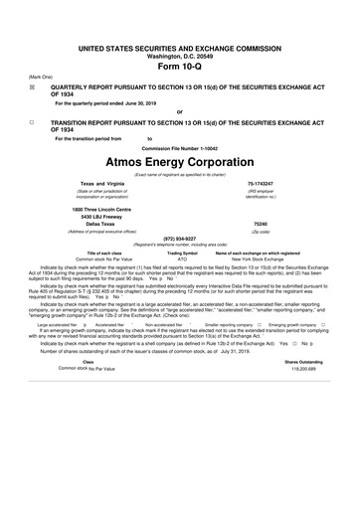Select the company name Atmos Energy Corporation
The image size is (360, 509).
click(x=179, y=160)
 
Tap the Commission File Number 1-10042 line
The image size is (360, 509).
click(x=179, y=146)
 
